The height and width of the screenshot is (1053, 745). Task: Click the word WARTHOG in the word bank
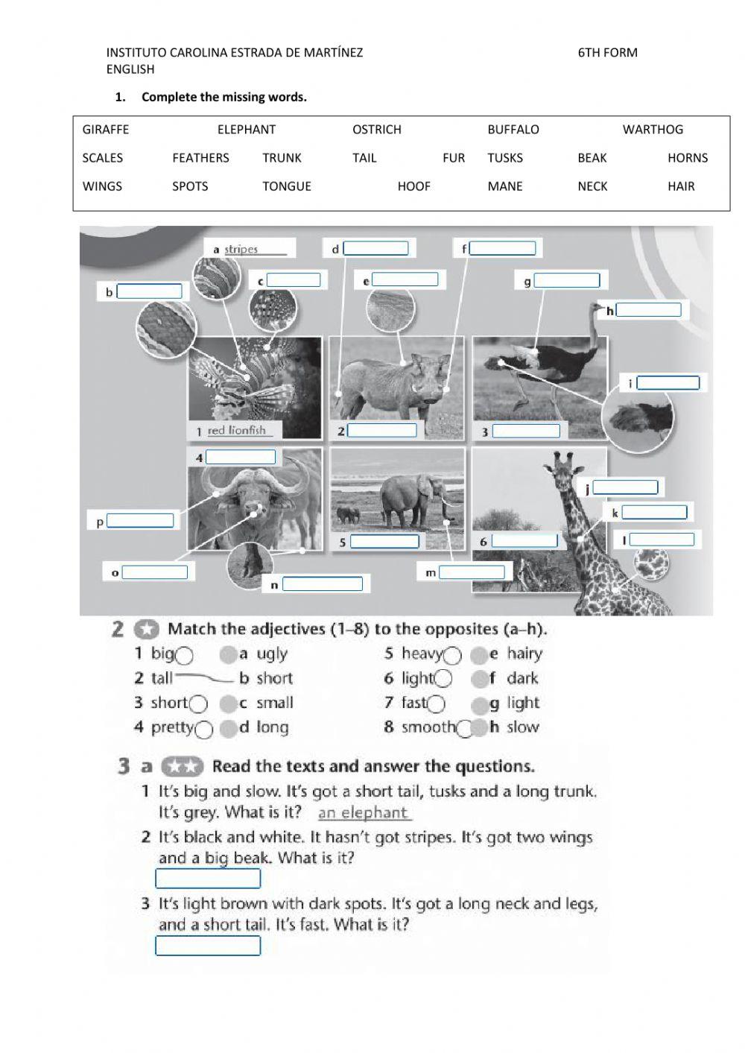coord(653,130)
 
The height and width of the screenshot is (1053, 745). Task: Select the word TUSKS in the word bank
coord(505,158)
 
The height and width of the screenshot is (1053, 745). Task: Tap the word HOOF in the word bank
coord(413,186)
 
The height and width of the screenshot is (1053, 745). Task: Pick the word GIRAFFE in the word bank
coord(106,130)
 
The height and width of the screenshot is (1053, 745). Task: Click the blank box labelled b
coord(149,291)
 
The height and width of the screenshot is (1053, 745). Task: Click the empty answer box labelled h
coord(648,310)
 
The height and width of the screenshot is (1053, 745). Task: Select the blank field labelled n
coord(323,584)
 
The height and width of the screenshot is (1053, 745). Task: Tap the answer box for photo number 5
coord(384,542)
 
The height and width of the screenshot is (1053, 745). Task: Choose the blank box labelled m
coord(472,572)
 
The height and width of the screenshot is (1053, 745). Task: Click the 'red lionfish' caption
coord(236,430)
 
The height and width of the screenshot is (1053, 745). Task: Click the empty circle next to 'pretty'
coord(204,730)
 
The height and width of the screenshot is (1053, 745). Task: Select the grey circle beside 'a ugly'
coord(228,655)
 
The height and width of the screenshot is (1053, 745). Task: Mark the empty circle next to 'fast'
coord(437,703)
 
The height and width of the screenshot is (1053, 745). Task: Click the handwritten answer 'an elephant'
coord(364,813)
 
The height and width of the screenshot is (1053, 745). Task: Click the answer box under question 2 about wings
coord(208,879)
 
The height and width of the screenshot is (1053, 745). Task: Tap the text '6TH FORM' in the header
coord(607,53)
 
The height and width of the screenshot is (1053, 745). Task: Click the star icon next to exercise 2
coord(147,630)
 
